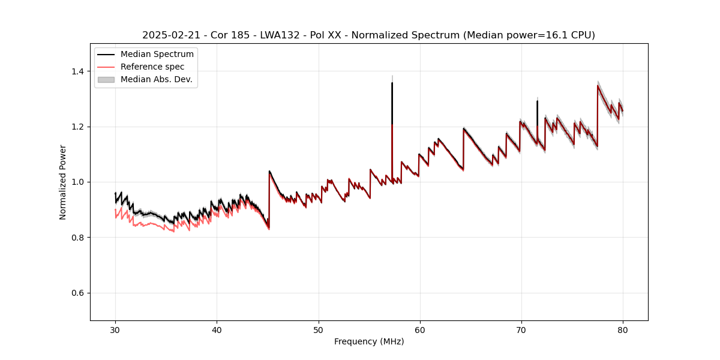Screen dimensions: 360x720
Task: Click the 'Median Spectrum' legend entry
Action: pyautogui.click(x=157, y=55)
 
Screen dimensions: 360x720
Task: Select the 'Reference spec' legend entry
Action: pyautogui.click(x=152, y=67)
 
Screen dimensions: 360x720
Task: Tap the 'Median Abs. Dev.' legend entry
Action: pyautogui.click(x=156, y=79)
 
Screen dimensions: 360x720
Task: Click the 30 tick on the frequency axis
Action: pyautogui.click(x=115, y=329)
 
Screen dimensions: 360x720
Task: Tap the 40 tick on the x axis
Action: pyautogui.click(x=217, y=329)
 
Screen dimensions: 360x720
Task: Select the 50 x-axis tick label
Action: pyautogui.click(x=318, y=329)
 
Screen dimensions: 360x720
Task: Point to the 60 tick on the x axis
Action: pyautogui.click(x=419, y=329)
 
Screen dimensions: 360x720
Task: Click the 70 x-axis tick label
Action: pyautogui.click(x=521, y=329)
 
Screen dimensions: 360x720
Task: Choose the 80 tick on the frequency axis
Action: pyautogui.click(x=622, y=329)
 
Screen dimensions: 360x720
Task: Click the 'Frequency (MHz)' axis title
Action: pyautogui.click(x=369, y=341)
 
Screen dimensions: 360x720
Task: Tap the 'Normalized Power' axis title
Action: pyautogui.click(x=63, y=182)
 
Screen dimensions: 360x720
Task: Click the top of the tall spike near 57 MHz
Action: pyautogui.click(x=392, y=83)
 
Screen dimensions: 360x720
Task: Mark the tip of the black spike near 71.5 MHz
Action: pyautogui.click(x=537, y=101)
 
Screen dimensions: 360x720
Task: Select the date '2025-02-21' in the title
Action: pyautogui.click(x=169, y=35)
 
